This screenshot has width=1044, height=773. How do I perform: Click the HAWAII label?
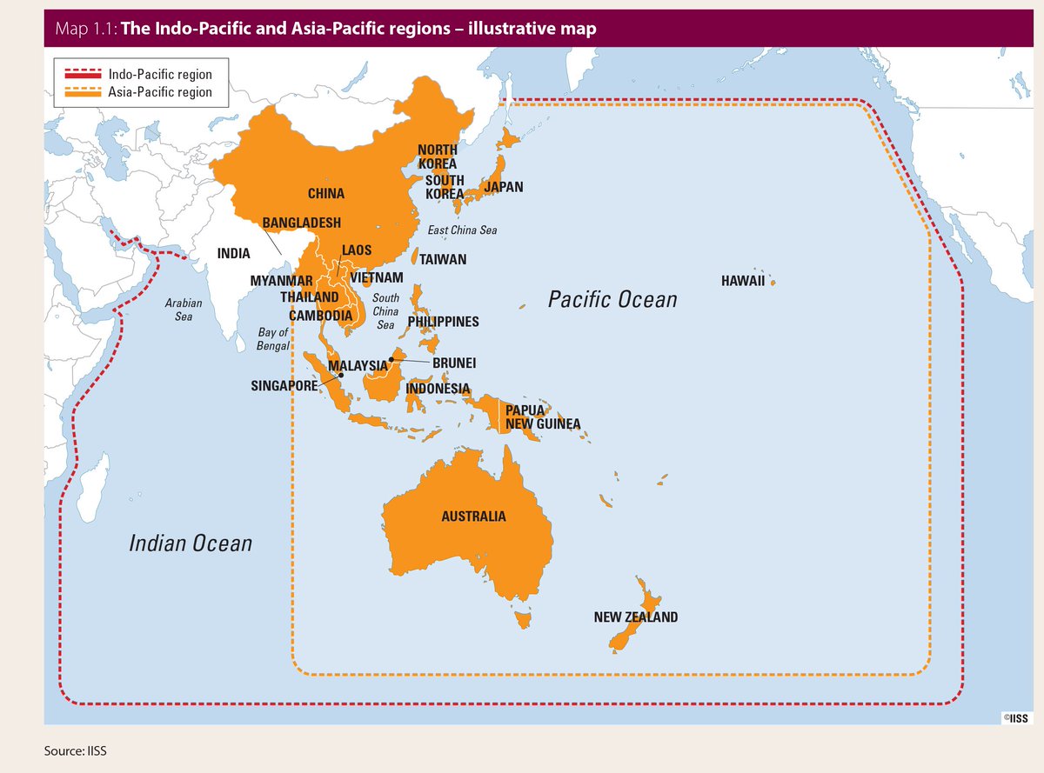coord(742,281)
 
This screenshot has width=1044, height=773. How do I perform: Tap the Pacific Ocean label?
coord(612,300)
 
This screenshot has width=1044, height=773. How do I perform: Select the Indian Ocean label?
coord(191,543)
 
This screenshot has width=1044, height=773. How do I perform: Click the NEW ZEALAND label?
coord(635,617)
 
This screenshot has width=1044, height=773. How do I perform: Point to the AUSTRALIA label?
coord(473,516)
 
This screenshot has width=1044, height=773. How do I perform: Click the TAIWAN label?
coord(443,259)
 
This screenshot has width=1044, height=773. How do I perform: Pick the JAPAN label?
coord(503,187)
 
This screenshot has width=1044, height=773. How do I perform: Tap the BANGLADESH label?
coord(301,223)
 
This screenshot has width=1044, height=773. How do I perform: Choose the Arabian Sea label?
coord(184,310)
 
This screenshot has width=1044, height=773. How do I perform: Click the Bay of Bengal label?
coord(273,339)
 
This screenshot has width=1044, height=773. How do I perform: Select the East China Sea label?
coord(462,230)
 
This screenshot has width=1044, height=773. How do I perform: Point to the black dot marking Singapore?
coord(340,376)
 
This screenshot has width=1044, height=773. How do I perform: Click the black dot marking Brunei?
coord(392,358)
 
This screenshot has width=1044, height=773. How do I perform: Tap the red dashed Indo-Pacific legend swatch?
coord(80,76)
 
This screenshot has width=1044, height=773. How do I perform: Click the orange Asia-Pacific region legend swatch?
coord(80,92)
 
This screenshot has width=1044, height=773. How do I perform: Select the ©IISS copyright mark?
coord(1014,718)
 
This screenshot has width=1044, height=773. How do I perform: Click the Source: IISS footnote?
coord(76,749)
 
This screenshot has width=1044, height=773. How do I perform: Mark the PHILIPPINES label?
coord(443,322)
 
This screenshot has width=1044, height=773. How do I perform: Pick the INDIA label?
coord(234,254)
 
